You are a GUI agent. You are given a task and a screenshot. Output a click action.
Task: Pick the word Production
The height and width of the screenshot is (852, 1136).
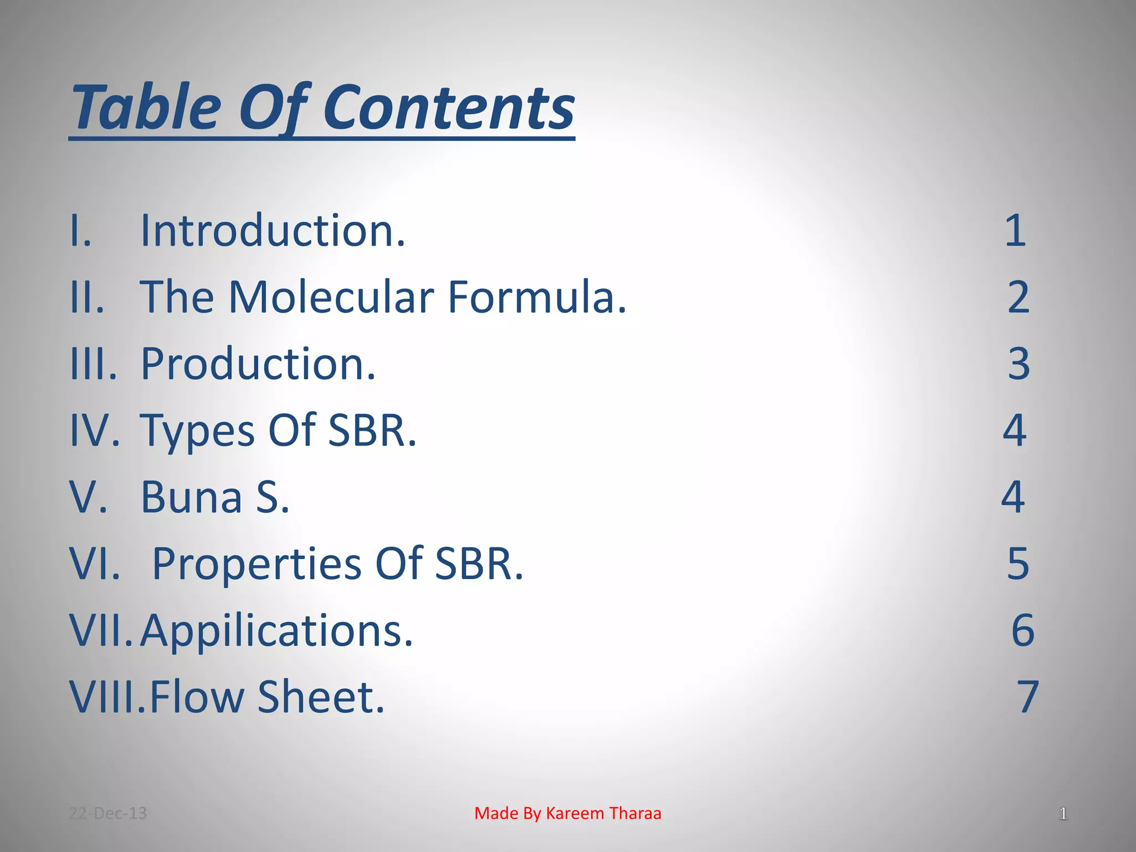coord(258,364)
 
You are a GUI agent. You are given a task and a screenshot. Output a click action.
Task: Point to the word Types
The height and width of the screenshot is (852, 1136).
coord(197,432)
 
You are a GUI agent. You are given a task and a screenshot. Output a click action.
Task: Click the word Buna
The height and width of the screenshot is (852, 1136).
coord(191,497)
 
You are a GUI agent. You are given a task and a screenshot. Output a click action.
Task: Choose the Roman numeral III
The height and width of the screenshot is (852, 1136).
coord(92,364)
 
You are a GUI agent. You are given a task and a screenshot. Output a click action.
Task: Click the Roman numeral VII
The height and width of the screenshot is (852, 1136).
coord(100,631)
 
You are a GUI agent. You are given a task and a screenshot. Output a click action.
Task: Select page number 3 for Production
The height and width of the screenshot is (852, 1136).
coord(1018,364)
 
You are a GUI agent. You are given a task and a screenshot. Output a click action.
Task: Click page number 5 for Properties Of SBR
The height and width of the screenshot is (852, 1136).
coord(1018,564)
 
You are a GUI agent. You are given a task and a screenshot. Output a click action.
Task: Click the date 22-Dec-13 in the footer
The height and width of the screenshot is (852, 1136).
coord(108,813)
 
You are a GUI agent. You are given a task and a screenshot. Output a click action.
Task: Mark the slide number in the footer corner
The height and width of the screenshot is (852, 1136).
coord(1063,814)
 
